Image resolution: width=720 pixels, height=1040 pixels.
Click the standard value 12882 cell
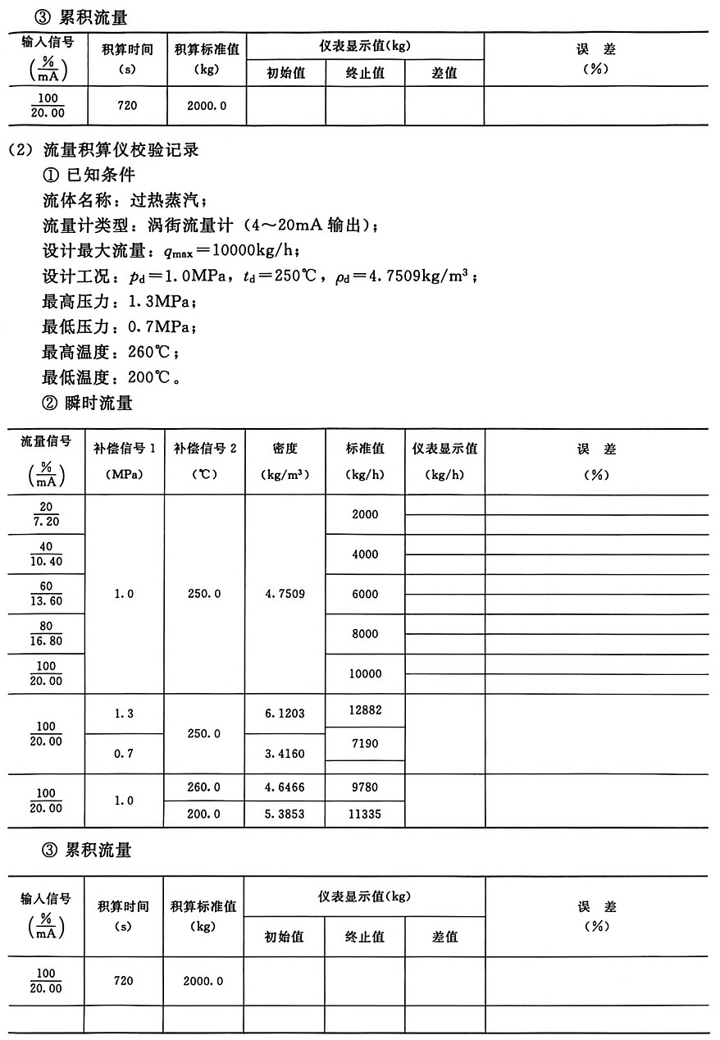click(365, 710)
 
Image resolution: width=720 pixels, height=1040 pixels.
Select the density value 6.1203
click(285, 714)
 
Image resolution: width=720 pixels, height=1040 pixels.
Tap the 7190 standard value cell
click(365, 742)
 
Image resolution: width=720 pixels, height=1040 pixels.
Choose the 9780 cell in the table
click(365, 787)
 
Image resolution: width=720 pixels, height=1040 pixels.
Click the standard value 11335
click(365, 814)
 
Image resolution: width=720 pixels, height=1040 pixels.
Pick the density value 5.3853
click(285, 814)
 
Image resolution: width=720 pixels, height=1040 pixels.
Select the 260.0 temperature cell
click(204, 787)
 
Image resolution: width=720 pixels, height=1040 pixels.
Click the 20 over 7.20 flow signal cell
click(47, 514)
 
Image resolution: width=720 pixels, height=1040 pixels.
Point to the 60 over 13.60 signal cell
click(47, 594)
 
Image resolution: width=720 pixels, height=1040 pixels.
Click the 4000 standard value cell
click(365, 554)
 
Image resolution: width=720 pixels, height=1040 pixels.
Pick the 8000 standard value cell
click(365, 634)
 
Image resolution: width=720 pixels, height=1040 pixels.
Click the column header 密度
click(285, 449)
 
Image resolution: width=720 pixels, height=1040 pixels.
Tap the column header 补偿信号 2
click(204, 449)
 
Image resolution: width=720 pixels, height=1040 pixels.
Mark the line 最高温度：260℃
click(111, 353)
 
